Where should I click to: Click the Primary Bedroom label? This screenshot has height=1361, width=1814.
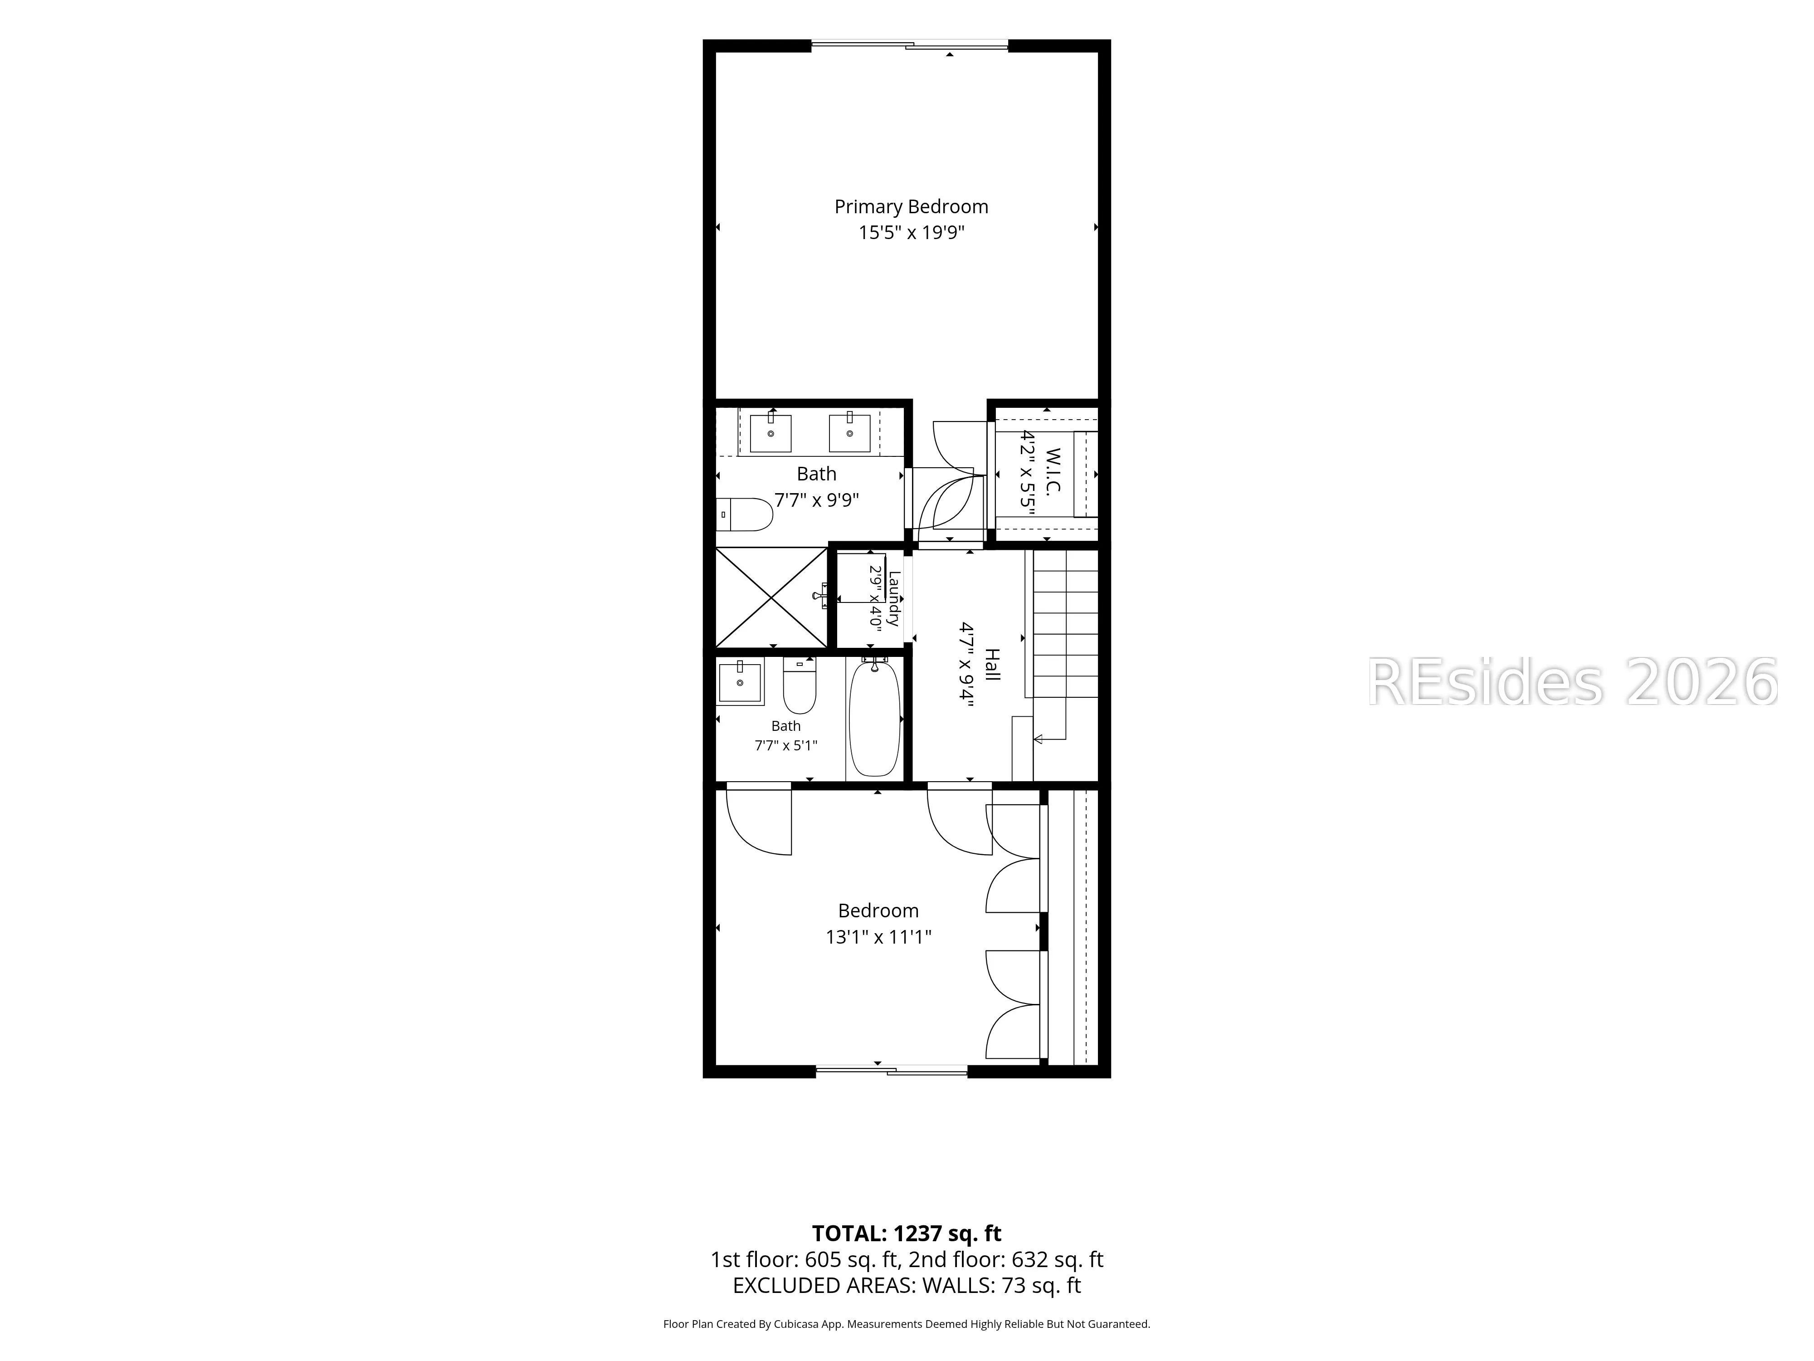click(x=911, y=207)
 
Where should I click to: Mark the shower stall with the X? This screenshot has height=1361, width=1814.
click(x=772, y=597)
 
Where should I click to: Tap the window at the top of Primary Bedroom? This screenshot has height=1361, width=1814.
click(x=909, y=45)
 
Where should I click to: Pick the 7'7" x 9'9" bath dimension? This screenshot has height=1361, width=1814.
click(x=817, y=499)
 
